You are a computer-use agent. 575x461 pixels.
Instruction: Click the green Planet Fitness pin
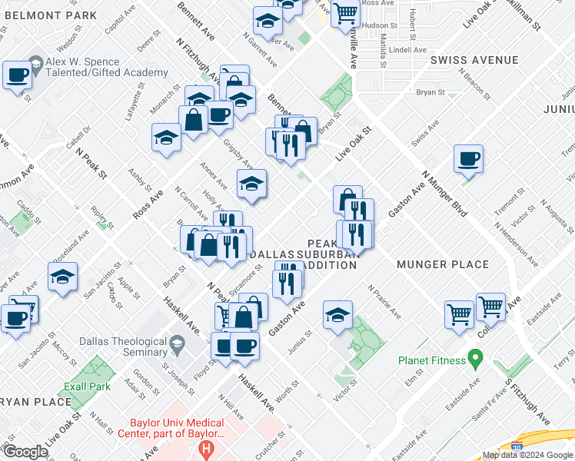pyautogui.click(x=475, y=358)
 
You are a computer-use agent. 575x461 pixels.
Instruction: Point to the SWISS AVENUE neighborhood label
pyautogui.click(x=464, y=59)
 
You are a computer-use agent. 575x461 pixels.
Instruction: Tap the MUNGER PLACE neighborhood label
pyautogui.click(x=443, y=264)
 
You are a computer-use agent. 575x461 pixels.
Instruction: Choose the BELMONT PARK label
pyautogui.click(x=48, y=15)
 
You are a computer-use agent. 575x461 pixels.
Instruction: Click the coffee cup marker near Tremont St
pyautogui.click(x=468, y=161)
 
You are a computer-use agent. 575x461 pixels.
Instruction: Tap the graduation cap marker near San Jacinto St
pyautogui.click(x=63, y=278)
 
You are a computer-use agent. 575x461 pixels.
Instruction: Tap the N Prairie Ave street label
pyautogui.click(x=384, y=302)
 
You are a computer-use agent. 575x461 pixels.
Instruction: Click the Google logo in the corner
pyautogui.click(x=25, y=452)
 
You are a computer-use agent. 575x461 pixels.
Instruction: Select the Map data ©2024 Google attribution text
pyautogui.click(x=527, y=455)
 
